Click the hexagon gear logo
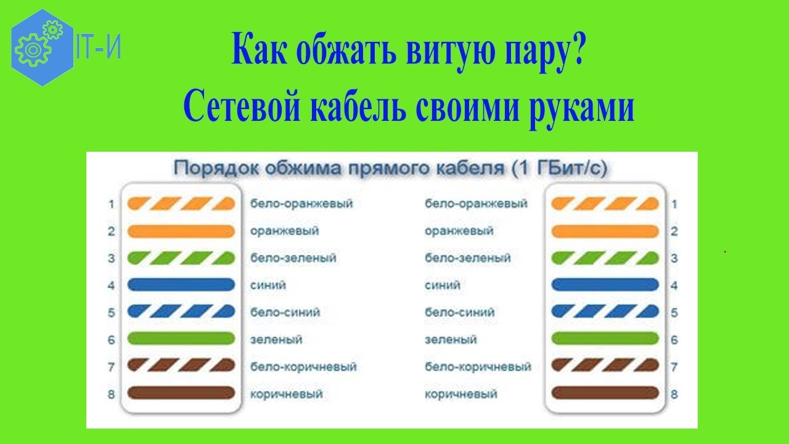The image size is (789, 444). [43, 47]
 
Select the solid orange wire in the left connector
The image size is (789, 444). [181, 231]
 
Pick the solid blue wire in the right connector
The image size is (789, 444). [605, 285]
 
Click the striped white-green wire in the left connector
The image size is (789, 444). [181, 258]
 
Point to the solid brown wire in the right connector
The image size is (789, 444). [605, 393]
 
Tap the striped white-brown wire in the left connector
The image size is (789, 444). [181, 366]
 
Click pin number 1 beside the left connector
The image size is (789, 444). [112, 204]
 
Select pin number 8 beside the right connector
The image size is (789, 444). [674, 394]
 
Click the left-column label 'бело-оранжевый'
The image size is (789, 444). [301, 203]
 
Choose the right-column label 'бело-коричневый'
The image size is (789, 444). [478, 367]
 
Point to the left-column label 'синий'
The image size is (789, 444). [268, 285]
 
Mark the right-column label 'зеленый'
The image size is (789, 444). [451, 340]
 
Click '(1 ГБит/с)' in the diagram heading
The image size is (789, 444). [559, 168]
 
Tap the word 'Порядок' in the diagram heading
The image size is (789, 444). [216, 168]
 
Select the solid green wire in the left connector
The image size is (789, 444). [181, 339]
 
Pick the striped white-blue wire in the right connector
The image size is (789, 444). [605, 311]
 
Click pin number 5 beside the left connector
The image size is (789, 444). [112, 313]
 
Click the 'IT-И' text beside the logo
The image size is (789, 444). [99, 46]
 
